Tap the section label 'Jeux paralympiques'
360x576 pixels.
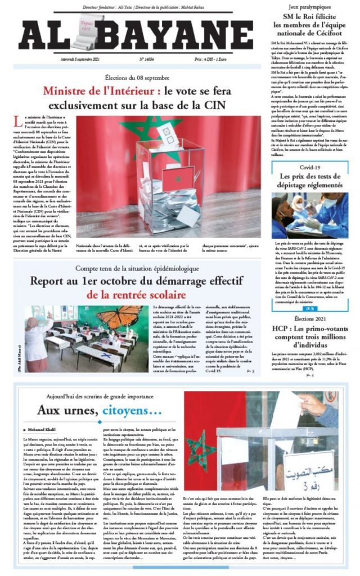coord(308,6)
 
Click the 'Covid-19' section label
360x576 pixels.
coord(309,168)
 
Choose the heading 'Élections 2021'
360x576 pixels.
coord(309,318)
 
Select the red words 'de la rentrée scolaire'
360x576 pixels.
coord(136,294)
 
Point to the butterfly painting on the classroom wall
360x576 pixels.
coord(119,316)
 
